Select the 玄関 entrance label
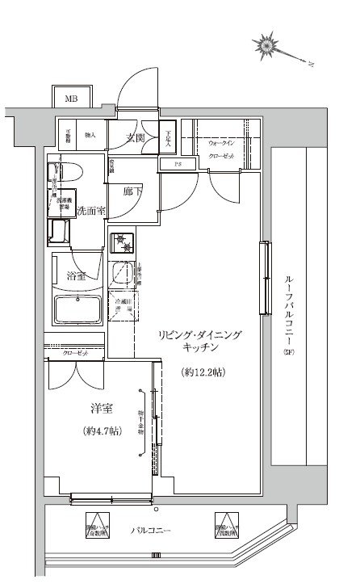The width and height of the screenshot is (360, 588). click(x=134, y=137)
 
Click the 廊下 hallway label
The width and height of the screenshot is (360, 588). click(x=133, y=193)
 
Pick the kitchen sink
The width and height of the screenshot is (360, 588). click(x=123, y=273)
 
